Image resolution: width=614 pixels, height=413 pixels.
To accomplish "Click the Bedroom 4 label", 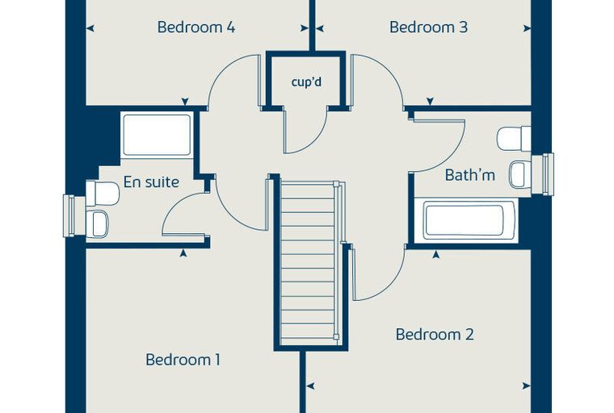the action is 196,27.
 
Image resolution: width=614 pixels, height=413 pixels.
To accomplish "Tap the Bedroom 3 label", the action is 428,27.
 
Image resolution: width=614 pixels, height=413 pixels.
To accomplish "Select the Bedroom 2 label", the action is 435,335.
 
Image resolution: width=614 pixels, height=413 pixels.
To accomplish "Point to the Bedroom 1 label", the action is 183,360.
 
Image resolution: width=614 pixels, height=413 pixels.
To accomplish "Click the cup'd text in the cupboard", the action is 306,82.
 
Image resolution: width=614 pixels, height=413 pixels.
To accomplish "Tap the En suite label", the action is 151,182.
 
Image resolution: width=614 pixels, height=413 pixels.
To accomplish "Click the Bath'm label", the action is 470,175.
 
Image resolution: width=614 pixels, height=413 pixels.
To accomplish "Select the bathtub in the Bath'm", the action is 465,220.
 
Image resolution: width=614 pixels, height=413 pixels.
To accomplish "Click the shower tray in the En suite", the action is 157,135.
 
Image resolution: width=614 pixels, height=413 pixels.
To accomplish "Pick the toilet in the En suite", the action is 103,194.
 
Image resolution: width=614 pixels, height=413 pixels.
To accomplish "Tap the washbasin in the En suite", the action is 97,224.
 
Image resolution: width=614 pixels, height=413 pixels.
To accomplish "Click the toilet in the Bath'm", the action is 514,139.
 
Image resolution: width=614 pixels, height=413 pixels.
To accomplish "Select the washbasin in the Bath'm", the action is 520,174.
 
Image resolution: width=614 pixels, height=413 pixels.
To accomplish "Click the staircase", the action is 308,263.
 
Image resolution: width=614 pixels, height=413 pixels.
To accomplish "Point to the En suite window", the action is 69,216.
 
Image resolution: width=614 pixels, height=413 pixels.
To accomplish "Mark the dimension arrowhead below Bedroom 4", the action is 185,102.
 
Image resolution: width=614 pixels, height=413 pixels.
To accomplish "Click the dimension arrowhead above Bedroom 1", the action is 183,253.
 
